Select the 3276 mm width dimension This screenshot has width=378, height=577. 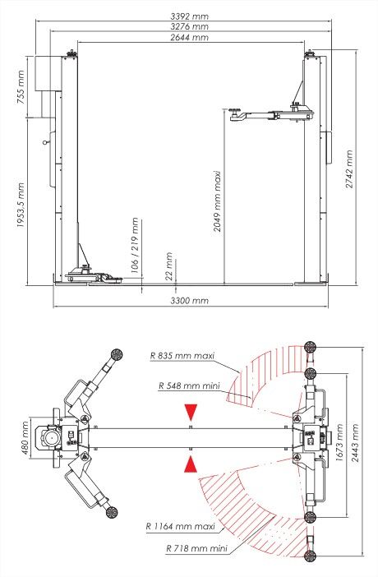(x=189, y=26)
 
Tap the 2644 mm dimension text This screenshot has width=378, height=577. (x=189, y=38)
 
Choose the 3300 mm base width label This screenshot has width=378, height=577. (x=189, y=302)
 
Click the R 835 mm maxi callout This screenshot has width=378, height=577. (x=182, y=356)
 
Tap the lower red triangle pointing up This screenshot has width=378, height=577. (x=191, y=465)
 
